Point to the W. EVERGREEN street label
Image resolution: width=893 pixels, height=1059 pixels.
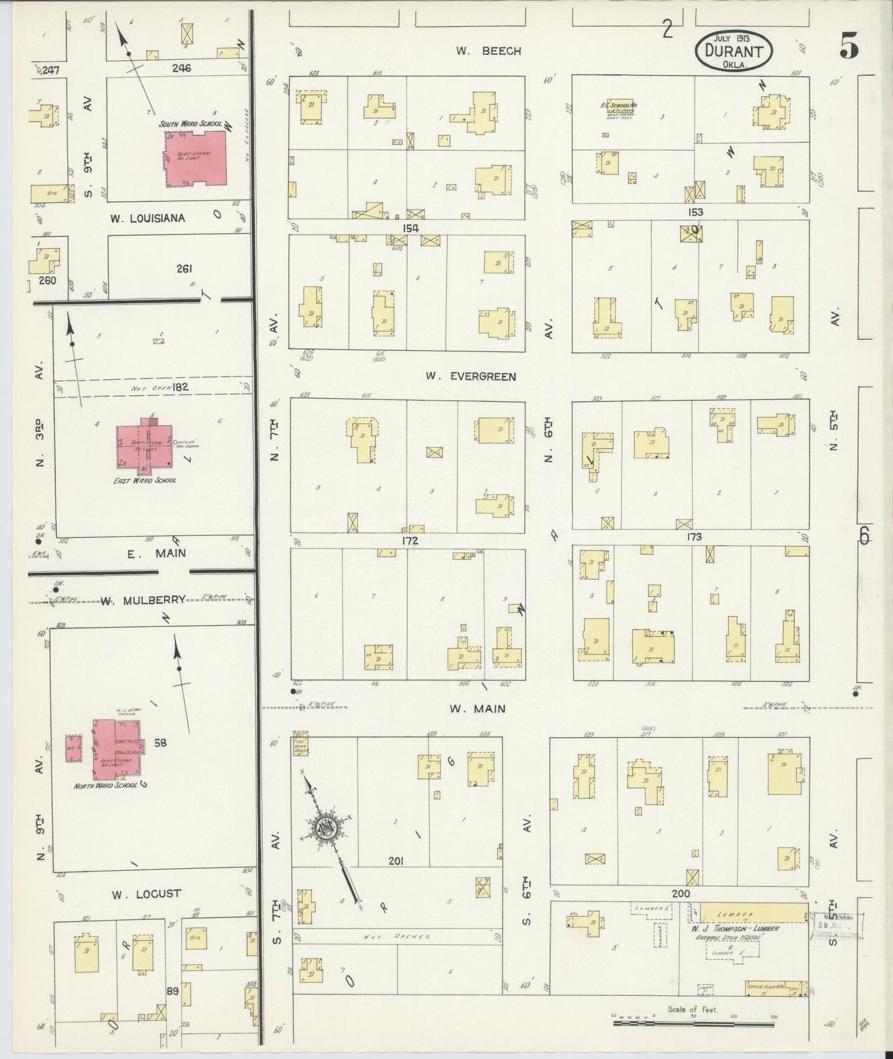click(470, 376)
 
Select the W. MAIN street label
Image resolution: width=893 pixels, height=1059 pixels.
click(477, 709)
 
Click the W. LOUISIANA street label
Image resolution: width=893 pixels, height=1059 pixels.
click(148, 218)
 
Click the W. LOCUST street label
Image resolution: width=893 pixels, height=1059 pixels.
click(146, 893)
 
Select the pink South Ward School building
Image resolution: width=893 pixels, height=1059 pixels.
click(193, 158)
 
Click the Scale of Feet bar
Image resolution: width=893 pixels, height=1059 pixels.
click(692, 1023)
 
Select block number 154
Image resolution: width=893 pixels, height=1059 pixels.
click(410, 228)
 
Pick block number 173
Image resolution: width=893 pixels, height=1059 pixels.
click(693, 537)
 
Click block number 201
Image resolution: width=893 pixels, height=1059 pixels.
click(396, 861)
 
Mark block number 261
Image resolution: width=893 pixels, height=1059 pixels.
click(184, 269)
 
